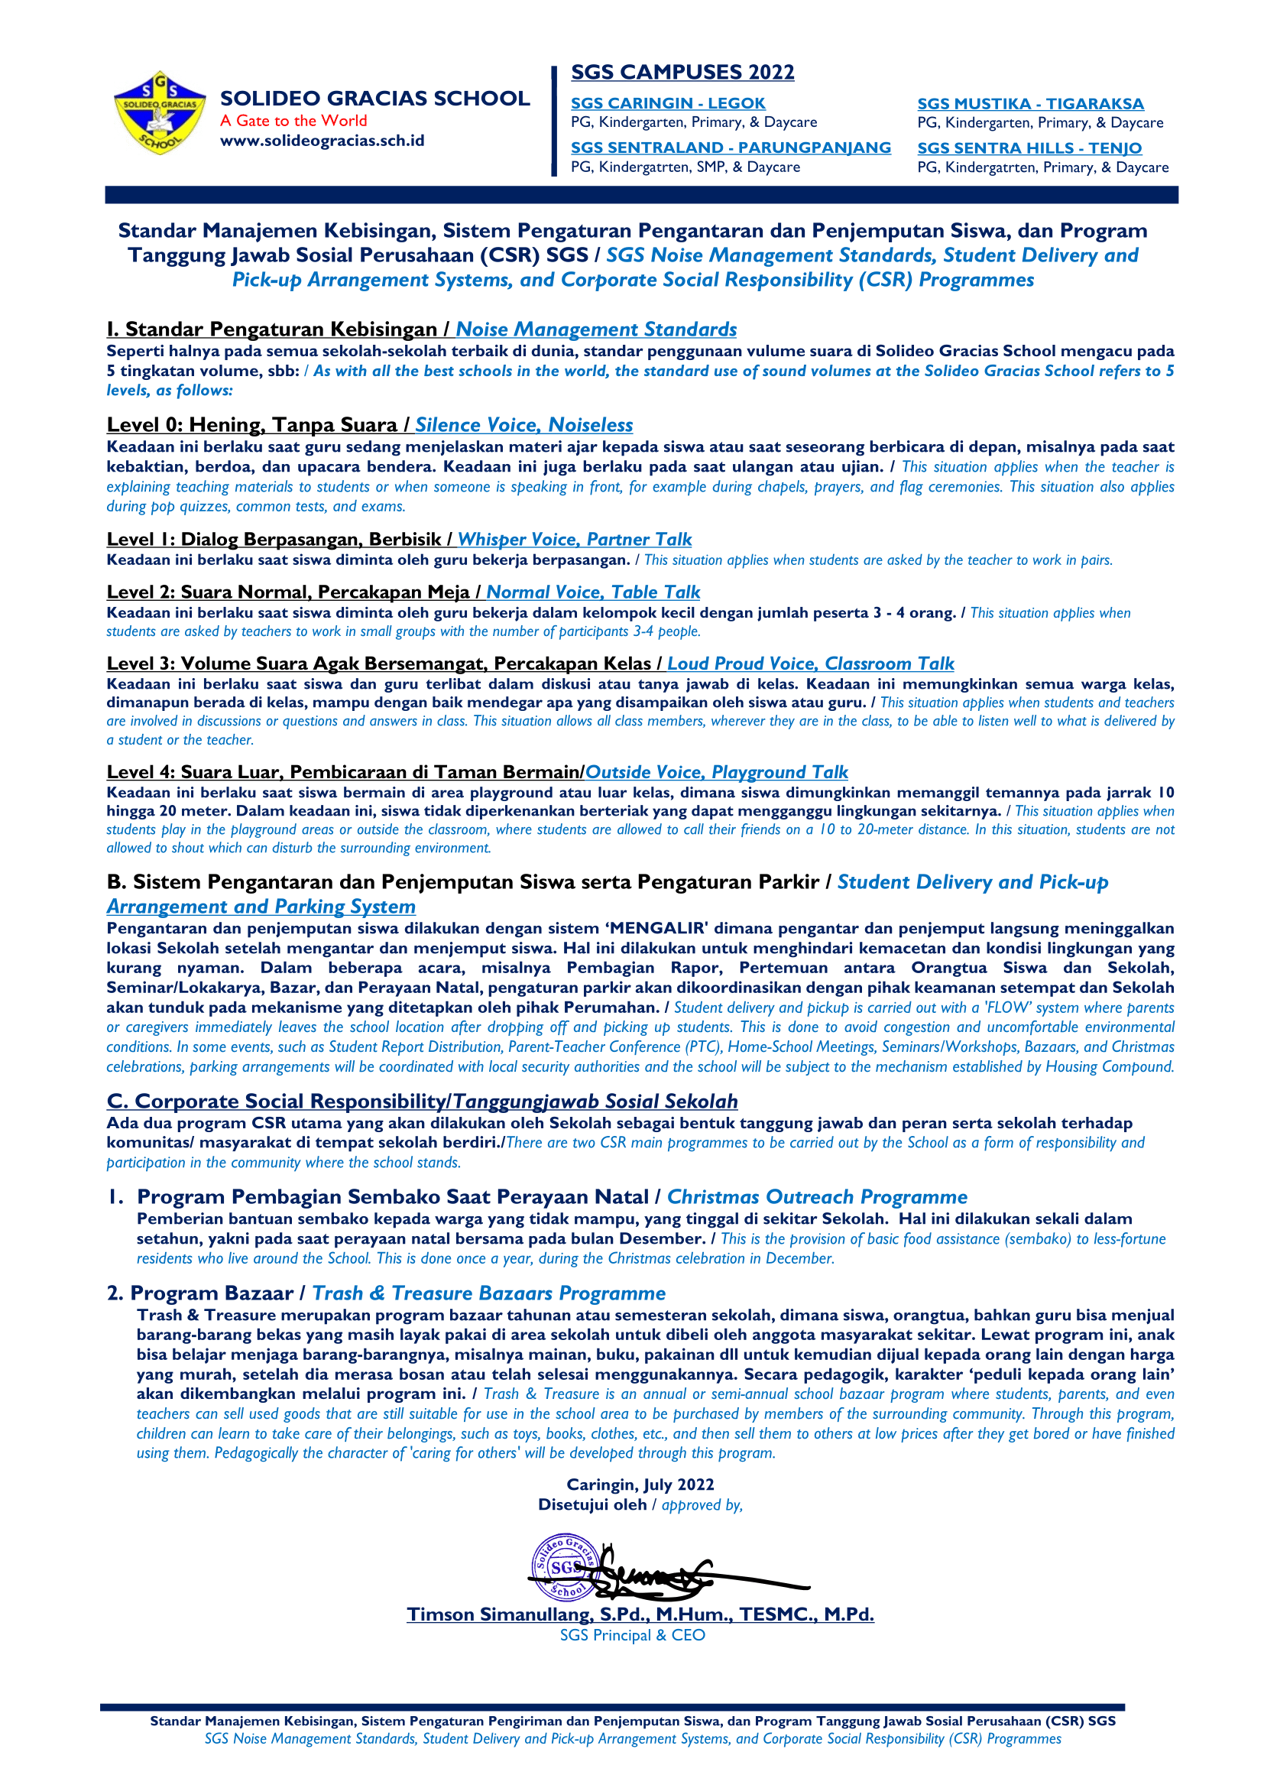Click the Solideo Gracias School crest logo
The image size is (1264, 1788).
coord(160,113)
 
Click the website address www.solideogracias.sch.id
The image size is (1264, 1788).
coord(322,141)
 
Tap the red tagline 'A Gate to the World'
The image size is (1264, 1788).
coord(293,121)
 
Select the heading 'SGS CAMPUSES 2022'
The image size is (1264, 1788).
coord(682,73)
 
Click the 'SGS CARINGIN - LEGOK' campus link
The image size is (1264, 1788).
coord(668,103)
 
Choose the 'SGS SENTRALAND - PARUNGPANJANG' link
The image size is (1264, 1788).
coord(731,148)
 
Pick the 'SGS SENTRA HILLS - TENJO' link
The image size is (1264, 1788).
coord(1029,148)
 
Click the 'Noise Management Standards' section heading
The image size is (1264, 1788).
coord(596,329)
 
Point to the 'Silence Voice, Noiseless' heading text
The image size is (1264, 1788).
coord(523,425)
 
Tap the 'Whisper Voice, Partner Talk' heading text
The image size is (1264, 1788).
coord(575,540)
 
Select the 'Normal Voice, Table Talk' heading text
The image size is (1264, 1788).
coord(593,592)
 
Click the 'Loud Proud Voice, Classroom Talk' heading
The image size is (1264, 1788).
coord(810,664)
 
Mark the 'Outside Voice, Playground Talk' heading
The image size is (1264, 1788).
coord(716,773)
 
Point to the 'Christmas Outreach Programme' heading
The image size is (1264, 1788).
coord(817,1197)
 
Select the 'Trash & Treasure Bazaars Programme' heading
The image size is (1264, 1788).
coord(489,1293)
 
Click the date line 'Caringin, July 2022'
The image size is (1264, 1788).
coord(640,1485)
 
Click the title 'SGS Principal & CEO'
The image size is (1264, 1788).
coord(632,1635)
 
